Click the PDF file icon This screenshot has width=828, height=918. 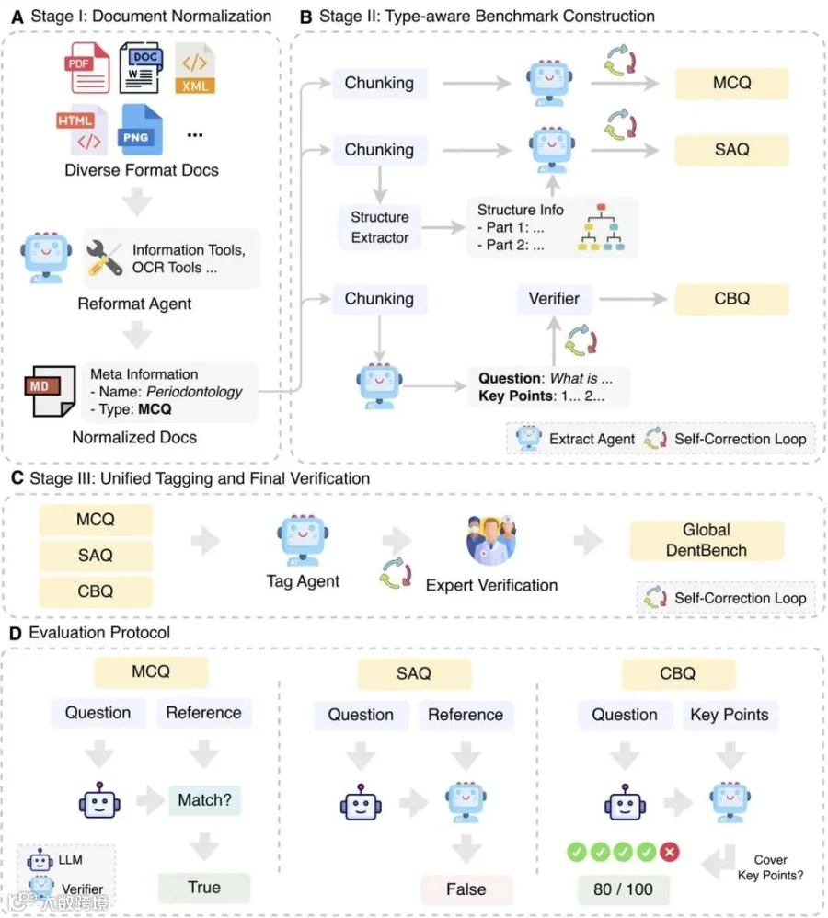pyautogui.click(x=86, y=67)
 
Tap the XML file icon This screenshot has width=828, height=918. pyautogui.click(x=195, y=68)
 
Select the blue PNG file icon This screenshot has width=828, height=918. pyautogui.click(x=140, y=130)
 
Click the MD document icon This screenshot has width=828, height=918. pyautogui.click(x=51, y=391)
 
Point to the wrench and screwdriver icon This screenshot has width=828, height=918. pyautogui.click(x=104, y=258)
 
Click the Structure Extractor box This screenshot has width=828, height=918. pyautogui.click(x=379, y=227)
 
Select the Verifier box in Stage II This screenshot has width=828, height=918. pyautogui.click(x=554, y=299)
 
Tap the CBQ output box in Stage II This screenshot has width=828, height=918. pyautogui.click(x=732, y=299)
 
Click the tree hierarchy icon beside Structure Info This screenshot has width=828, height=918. pyautogui.click(x=601, y=227)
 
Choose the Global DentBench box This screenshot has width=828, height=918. pyautogui.click(x=707, y=540)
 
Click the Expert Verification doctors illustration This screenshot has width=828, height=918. pyautogui.click(x=491, y=540)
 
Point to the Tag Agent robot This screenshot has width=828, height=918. pyautogui.click(x=303, y=540)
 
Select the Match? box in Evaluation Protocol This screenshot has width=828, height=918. pyautogui.click(x=205, y=799)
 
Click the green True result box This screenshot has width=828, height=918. pyautogui.click(x=204, y=888)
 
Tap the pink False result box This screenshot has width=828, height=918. pyautogui.click(x=466, y=889)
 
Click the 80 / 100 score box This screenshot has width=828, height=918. pyautogui.click(x=623, y=889)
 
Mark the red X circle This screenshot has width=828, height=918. pyautogui.click(x=670, y=852)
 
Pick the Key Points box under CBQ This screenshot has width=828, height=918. pyautogui.click(x=730, y=715)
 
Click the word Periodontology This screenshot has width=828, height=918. pyautogui.click(x=194, y=392)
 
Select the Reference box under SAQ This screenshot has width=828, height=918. pyautogui.click(x=466, y=715)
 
